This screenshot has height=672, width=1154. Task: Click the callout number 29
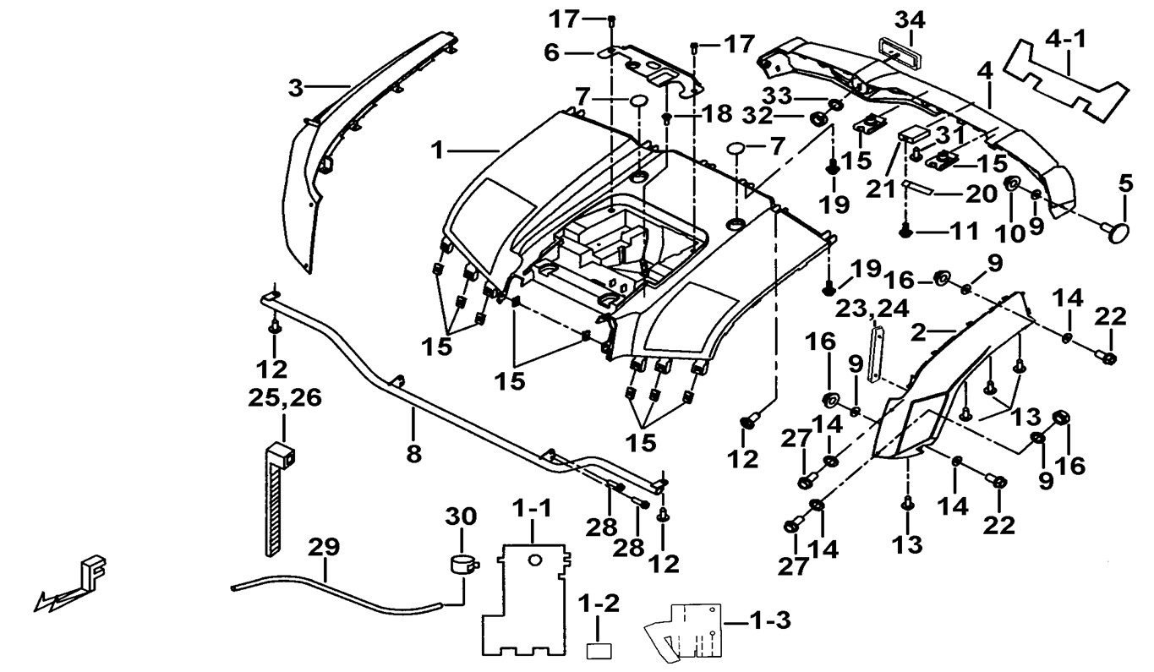(323, 547)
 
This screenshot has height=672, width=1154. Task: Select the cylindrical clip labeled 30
(461, 564)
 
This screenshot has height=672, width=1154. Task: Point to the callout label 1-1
(533, 510)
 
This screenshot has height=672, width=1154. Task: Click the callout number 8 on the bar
(413, 453)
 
